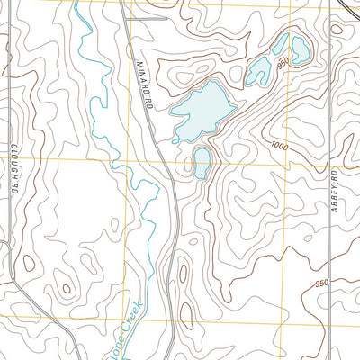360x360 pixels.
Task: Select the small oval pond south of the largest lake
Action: click(202, 163)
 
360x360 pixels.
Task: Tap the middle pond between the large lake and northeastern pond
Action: click(261, 68)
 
